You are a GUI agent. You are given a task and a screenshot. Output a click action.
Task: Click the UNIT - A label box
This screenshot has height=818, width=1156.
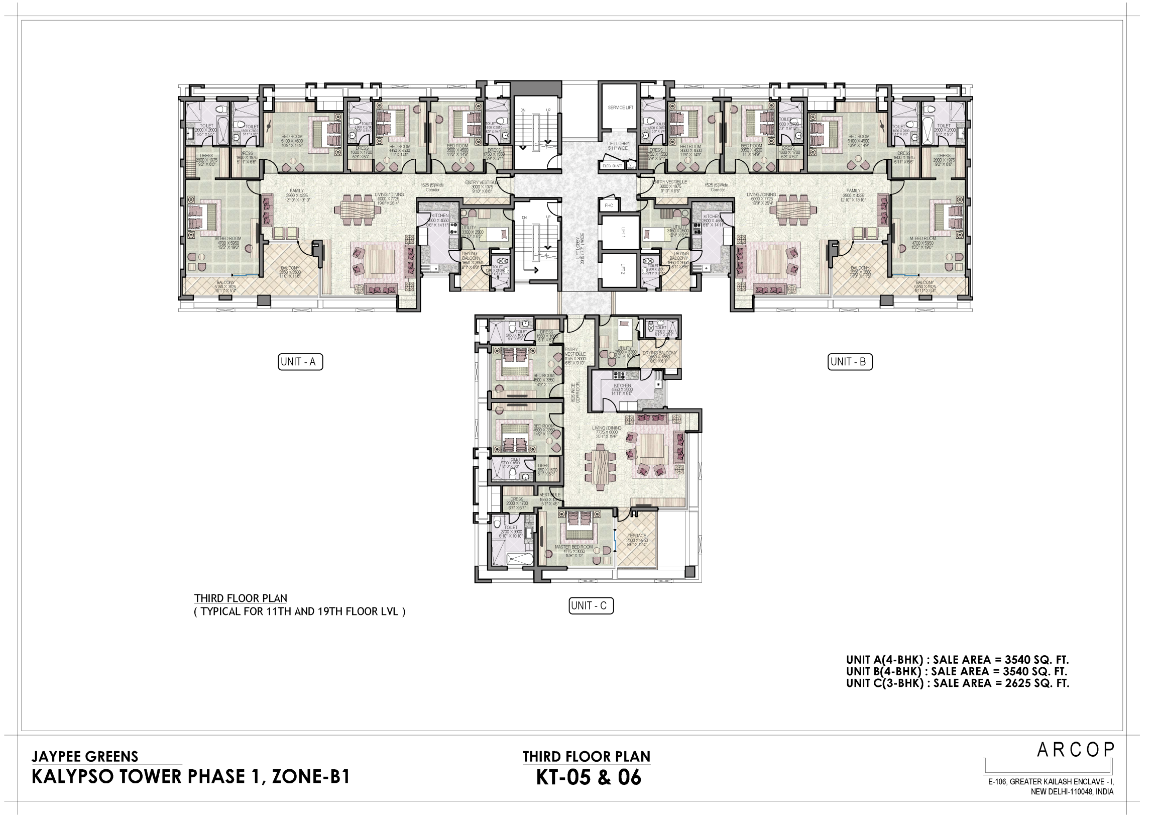point(300,362)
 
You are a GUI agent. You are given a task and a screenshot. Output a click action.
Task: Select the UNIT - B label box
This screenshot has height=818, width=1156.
point(849,362)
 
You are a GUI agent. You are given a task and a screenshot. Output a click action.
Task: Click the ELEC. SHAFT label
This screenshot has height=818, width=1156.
point(613,166)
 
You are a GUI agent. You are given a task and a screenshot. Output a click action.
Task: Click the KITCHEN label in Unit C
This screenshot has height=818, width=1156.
point(622,385)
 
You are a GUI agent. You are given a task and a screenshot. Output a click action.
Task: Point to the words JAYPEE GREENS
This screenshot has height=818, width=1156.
point(84,756)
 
